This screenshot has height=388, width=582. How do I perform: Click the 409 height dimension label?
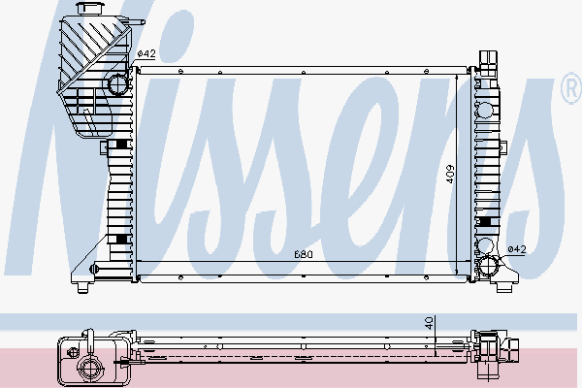pyautogui.click(x=449, y=174)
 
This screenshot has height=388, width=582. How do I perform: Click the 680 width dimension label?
pyautogui.click(x=304, y=254)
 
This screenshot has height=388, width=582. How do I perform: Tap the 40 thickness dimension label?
pyautogui.click(x=429, y=323)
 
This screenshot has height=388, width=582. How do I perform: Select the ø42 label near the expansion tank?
pyautogui.click(x=146, y=54)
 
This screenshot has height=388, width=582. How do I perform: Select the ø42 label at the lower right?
pyautogui.click(x=517, y=249)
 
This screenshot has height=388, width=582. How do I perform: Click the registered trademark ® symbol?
pyautogui.click(x=572, y=88)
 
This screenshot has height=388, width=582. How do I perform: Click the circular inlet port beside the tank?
pyautogui.click(x=117, y=84)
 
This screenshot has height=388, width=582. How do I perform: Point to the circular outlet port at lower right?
pyautogui.click(x=488, y=266)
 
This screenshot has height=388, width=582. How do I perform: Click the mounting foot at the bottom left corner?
pyautogui.click(x=82, y=287)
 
